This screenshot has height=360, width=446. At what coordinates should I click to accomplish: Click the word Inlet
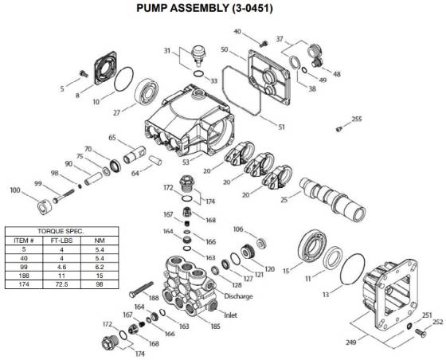click(232, 314)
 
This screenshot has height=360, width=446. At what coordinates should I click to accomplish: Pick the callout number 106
click(237, 229)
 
